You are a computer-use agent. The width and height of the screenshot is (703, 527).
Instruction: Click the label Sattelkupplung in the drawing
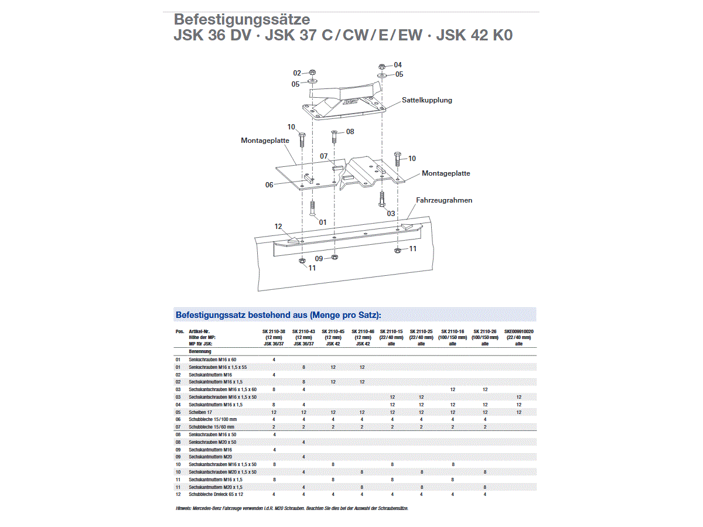pyautogui.click(x=426, y=100)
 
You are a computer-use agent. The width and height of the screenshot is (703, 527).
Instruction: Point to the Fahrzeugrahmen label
pyautogui.click(x=444, y=200)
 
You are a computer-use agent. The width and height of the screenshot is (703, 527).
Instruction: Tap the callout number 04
pyautogui.click(x=398, y=64)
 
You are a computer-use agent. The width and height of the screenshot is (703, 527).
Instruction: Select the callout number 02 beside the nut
pyautogui.click(x=297, y=73)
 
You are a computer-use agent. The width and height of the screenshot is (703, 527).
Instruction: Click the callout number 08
pyautogui.click(x=350, y=132)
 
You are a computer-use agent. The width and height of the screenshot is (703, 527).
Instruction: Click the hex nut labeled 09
pyautogui.click(x=334, y=257)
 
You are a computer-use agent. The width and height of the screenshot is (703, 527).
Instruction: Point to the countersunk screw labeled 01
pyautogui.click(x=312, y=208)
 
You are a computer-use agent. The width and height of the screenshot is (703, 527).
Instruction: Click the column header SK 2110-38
pyautogui.click(x=274, y=331)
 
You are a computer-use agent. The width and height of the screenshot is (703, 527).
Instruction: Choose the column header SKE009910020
pyautogui.click(x=518, y=331)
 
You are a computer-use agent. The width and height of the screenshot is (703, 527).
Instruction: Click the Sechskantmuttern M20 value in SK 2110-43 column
pyautogui.click(x=303, y=457)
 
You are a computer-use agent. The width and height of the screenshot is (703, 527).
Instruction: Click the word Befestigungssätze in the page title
pyautogui.click(x=242, y=20)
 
